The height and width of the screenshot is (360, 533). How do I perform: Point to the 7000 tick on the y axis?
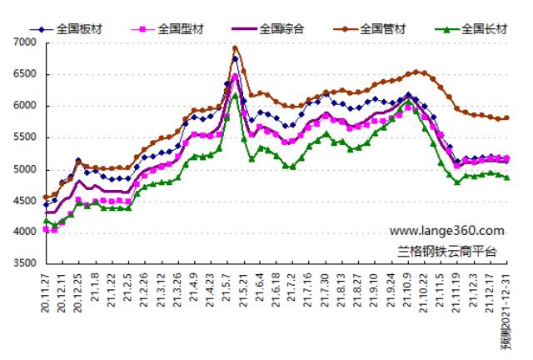tap(25, 42)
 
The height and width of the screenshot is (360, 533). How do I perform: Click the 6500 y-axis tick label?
tap(25, 73)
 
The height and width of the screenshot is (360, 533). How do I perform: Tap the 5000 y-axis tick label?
tap(25, 169)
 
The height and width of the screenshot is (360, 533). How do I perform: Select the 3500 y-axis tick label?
tap(25, 264)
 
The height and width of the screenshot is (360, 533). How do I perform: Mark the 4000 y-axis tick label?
tap(25, 232)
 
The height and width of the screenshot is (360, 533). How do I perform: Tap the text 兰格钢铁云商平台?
tap(446, 249)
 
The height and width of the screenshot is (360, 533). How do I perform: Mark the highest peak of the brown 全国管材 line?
tap(235, 48)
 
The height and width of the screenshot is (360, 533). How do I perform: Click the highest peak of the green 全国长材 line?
tap(235, 95)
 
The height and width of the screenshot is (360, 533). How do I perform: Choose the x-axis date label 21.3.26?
tap(177, 292)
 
